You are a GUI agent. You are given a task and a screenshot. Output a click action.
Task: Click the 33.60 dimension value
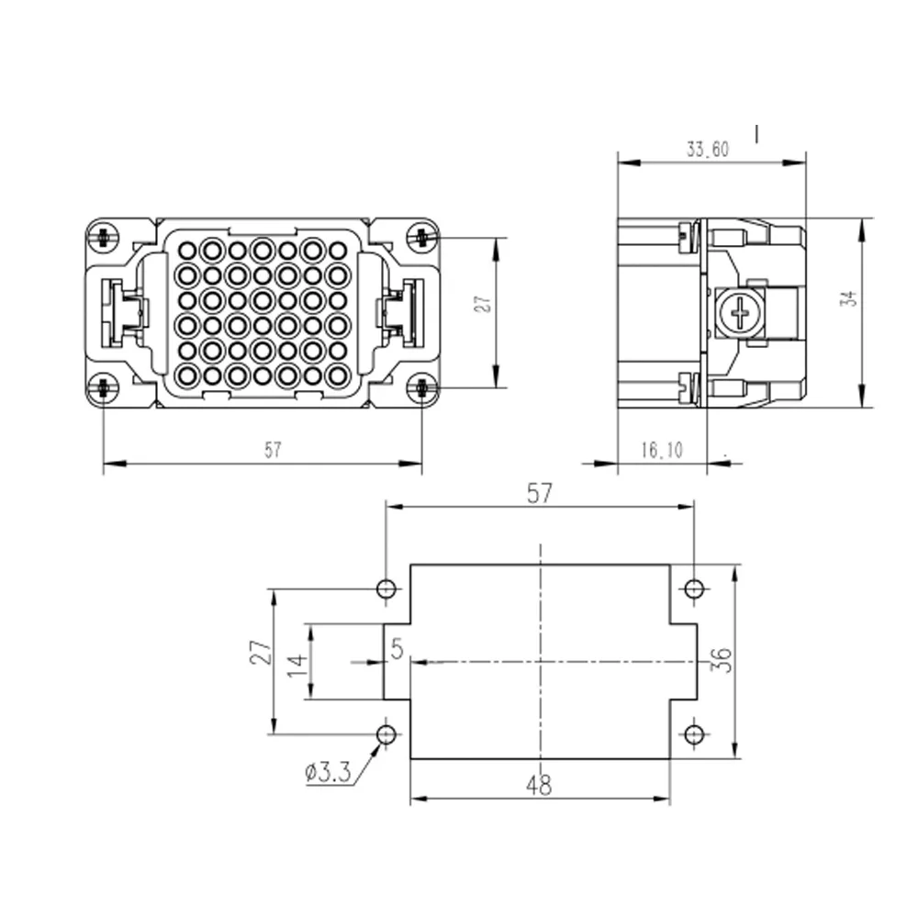click(707, 150)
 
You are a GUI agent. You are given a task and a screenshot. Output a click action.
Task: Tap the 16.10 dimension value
click(662, 450)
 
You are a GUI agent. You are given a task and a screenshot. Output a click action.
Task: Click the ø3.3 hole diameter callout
click(328, 772)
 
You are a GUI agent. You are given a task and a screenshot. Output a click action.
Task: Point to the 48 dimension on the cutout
click(539, 785)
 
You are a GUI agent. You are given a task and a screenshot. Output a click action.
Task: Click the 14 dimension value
click(297, 666)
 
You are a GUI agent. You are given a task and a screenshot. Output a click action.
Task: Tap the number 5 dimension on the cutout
click(397, 649)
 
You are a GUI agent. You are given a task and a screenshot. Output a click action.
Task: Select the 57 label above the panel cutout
click(539, 494)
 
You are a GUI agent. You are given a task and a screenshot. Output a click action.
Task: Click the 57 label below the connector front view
click(273, 450)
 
